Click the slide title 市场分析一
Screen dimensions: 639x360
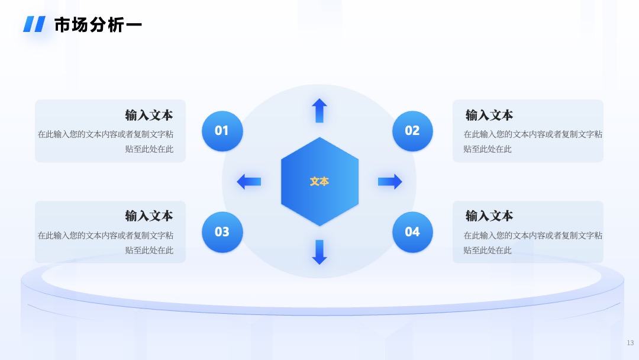click(x=98, y=25)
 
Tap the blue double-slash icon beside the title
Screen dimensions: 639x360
click(x=34, y=24)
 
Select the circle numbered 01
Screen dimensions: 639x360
click(x=222, y=131)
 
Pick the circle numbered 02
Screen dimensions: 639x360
click(x=412, y=131)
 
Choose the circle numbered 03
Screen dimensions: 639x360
click(x=222, y=232)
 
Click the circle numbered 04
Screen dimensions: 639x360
click(x=412, y=232)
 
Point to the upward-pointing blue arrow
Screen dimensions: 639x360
click(x=319, y=111)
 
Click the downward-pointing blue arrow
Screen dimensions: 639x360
click(x=319, y=252)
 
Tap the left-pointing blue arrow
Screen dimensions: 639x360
click(x=249, y=181)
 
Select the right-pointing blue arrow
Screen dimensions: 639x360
click(x=390, y=181)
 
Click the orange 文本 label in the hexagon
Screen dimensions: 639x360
click(x=319, y=181)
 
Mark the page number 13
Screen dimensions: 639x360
click(x=631, y=343)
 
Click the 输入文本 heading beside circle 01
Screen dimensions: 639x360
click(x=149, y=115)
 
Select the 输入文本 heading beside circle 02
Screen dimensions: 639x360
click(x=489, y=115)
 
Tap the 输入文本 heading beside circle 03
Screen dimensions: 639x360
click(x=149, y=216)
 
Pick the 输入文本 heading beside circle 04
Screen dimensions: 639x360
click(x=489, y=216)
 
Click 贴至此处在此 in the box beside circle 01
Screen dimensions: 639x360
click(x=149, y=149)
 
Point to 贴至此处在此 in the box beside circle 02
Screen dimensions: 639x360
click(x=488, y=149)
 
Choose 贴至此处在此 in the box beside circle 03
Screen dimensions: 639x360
click(x=149, y=250)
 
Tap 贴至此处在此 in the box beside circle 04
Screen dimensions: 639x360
click(x=488, y=250)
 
